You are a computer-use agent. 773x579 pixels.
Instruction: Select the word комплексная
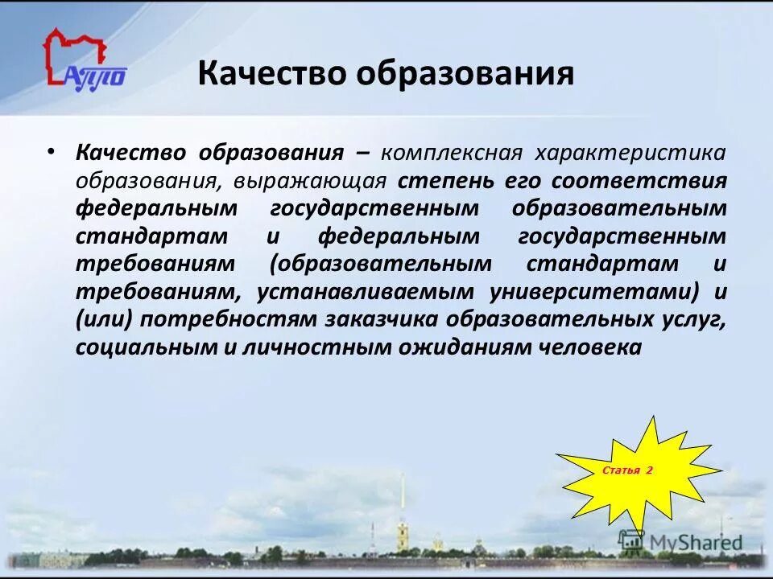452,152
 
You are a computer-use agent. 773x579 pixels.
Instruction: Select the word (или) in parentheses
106,319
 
